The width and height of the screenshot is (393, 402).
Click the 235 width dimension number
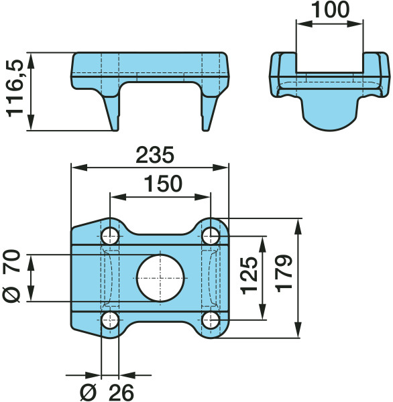[x=155, y=155]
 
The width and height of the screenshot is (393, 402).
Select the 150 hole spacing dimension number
[x=163, y=184]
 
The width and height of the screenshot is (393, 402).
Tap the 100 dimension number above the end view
[x=331, y=10]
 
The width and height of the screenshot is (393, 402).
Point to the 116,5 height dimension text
[x=15, y=88]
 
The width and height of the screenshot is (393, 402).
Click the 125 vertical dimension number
[x=249, y=275]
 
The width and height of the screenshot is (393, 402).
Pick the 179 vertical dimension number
[x=284, y=273]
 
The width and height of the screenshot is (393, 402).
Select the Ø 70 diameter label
[x=11, y=276]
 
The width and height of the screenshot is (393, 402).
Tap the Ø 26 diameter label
[x=107, y=393]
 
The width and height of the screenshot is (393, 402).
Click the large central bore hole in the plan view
[x=160, y=278]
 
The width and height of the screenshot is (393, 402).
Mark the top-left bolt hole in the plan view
[x=110, y=236]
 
